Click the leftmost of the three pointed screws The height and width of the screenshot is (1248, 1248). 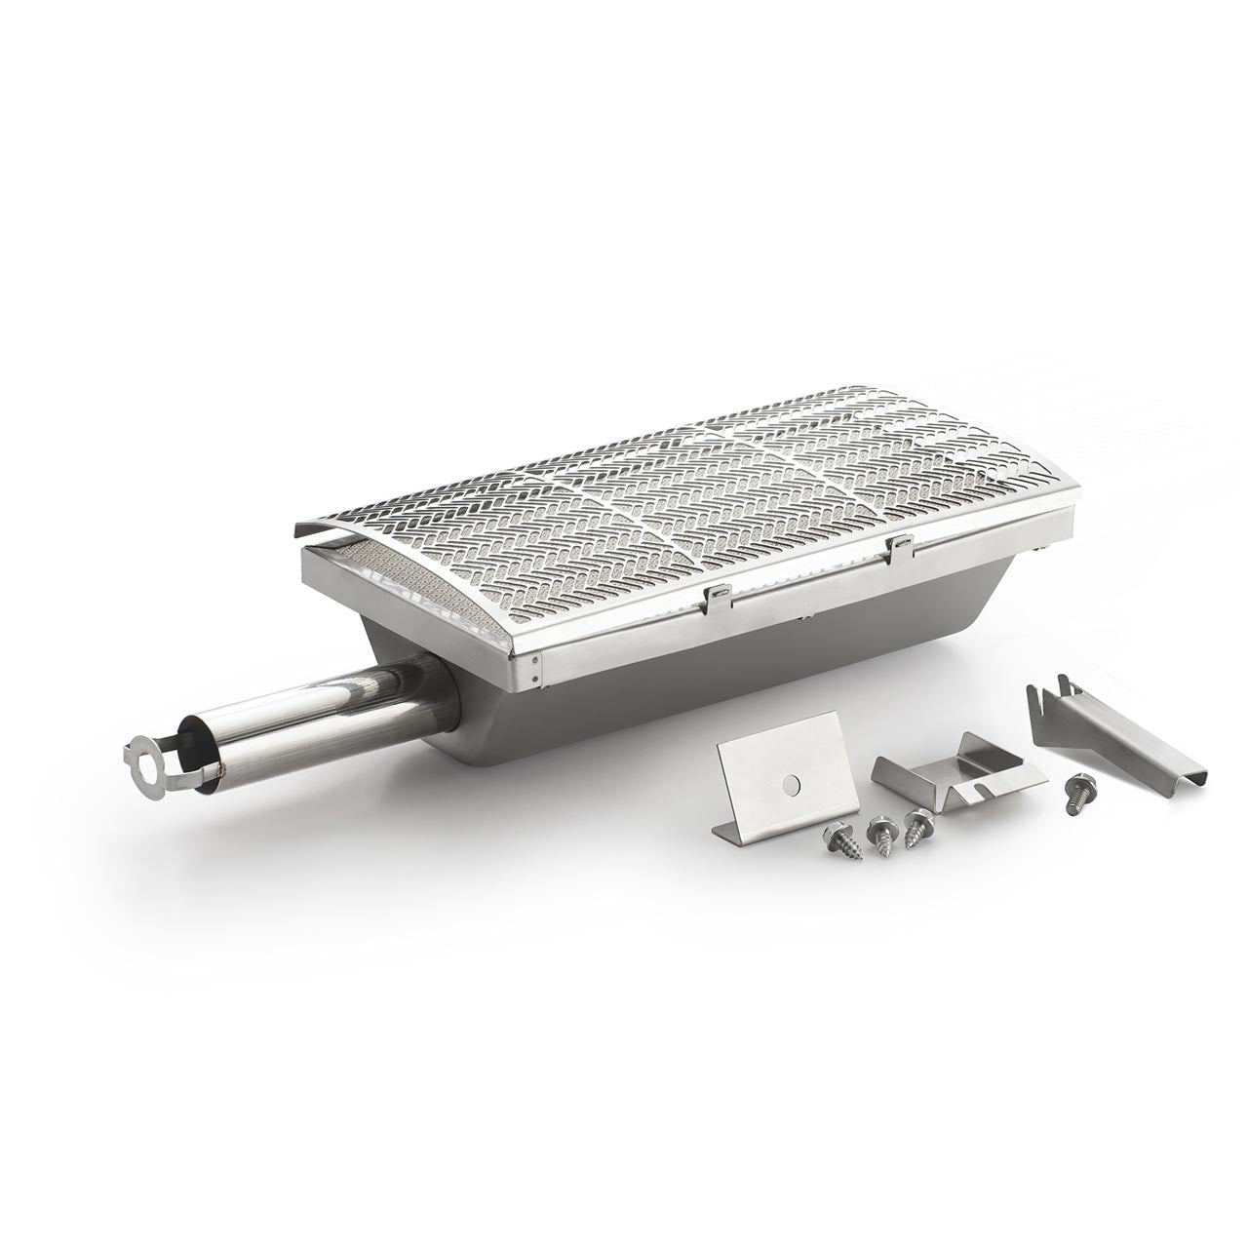click(839, 835)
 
